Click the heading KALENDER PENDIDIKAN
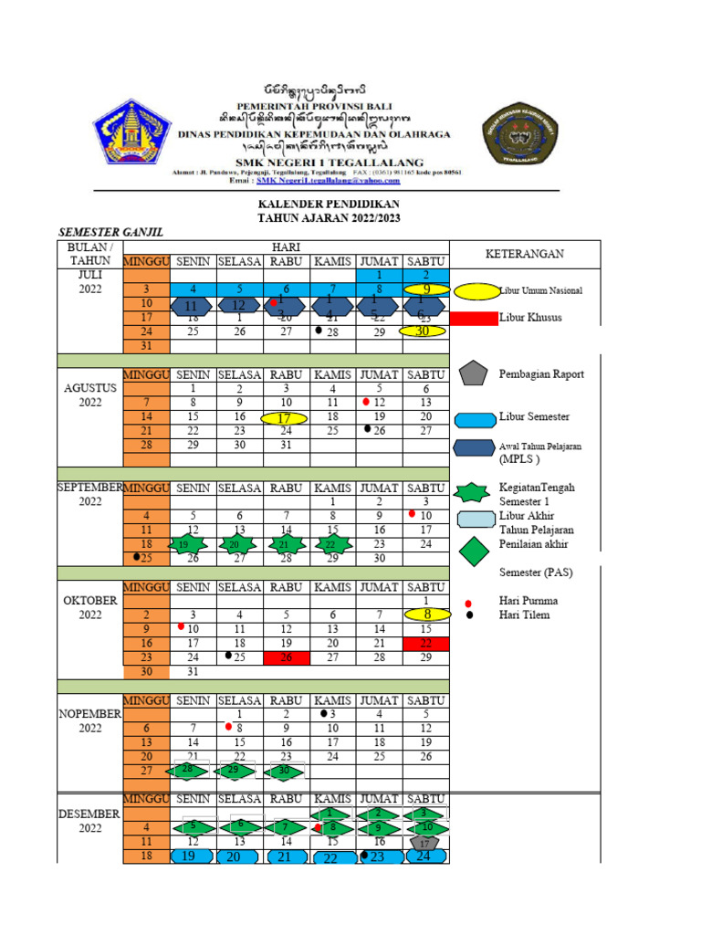tap(329, 204)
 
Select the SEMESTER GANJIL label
tap(111, 233)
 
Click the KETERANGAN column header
tap(524, 254)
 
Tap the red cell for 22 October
tap(425, 645)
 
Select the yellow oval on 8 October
tap(425, 615)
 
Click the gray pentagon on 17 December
tap(424, 844)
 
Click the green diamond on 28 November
tap(188, 771)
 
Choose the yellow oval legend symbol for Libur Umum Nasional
tap(475, 291)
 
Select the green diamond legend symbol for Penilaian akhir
tap(475, 552)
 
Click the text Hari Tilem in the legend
tap(524, 615)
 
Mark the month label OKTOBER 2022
tap(89, 608)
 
